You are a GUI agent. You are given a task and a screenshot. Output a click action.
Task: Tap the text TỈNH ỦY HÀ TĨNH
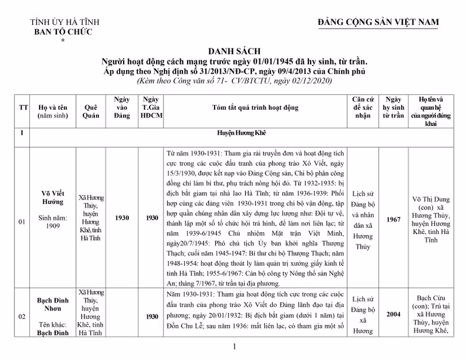[63, 22]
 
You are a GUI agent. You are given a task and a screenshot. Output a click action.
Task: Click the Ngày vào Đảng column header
[122, 107]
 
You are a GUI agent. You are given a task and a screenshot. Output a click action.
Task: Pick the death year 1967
[394, 219]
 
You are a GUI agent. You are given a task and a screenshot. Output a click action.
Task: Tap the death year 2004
[394, 315]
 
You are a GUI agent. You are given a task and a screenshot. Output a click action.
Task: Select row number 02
[22, 316]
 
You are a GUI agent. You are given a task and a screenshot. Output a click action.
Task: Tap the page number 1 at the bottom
[235, 347]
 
